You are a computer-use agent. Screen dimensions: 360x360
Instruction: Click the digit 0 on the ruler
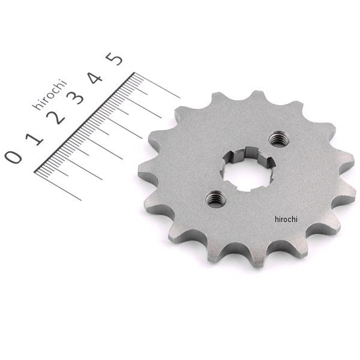coord(13,157)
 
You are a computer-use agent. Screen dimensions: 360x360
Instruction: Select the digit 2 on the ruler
coord(56,118)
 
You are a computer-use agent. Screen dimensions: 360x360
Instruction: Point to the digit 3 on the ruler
coord(76,98)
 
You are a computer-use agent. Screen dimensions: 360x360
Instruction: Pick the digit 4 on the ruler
coord(95,77)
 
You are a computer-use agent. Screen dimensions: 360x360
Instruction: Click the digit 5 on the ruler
coord(114,59)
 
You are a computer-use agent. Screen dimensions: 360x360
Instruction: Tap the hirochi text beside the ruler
coord(50,94)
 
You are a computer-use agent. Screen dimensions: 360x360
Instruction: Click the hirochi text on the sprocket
coord(286,219)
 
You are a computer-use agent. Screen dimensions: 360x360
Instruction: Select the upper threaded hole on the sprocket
coord(278,139)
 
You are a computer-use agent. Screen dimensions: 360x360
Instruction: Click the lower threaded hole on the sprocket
coord(215,199)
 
